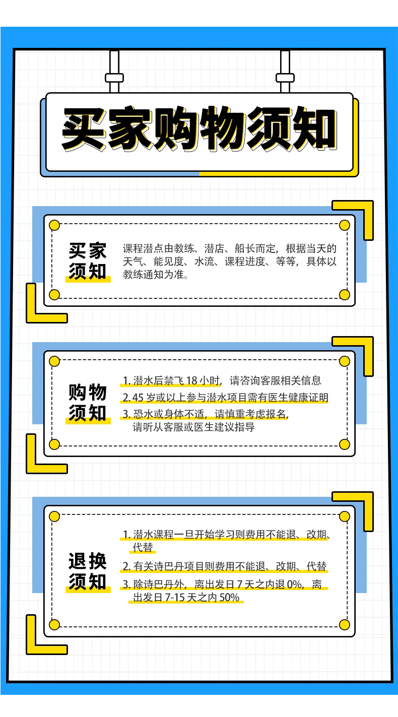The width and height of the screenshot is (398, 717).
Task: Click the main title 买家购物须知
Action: (x=199, y=130)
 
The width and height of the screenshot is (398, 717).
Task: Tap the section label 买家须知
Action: (x=88, y=261)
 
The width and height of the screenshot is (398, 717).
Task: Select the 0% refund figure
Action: (x=294, y=585)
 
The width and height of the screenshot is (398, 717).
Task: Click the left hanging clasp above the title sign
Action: (x=114, y=78)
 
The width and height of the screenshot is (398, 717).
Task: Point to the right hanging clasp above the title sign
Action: (x=285, y=78)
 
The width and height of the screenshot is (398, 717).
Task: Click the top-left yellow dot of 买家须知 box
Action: (x=54, y=225)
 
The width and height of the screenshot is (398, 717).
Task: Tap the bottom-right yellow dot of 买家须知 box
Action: (x=345, y=294)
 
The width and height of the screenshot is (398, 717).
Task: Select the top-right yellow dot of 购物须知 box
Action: (x=345, y=361)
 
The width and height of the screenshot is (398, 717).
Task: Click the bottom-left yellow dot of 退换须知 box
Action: (x=54, y=625)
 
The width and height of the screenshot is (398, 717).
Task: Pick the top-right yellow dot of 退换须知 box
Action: (x=345, y=516)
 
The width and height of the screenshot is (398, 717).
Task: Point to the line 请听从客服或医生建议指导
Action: (x=193, y=427)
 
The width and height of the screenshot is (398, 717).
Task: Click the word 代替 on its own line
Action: (x=143, y=547)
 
